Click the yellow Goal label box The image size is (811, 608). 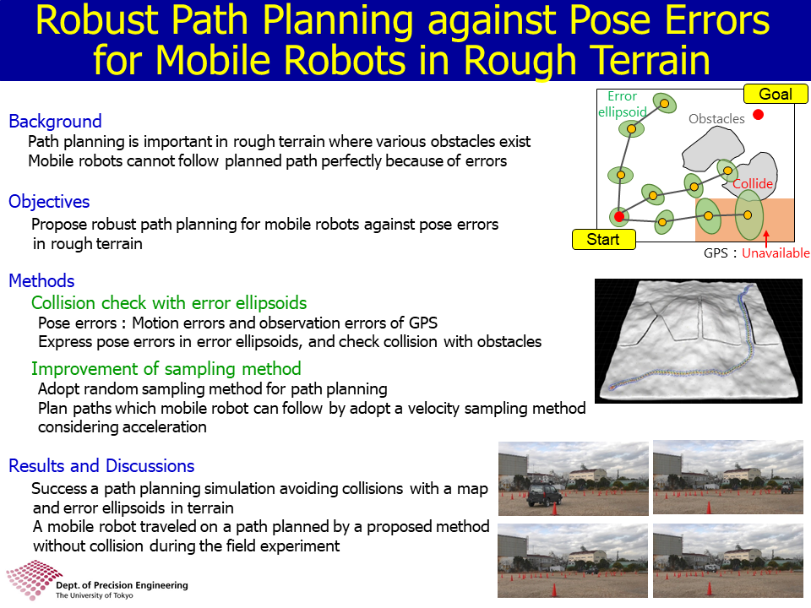(776, 94)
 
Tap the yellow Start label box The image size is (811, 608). (603, 239)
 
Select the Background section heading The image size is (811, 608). (56, 121)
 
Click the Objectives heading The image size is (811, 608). (49, 202)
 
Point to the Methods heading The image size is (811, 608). (42, 280)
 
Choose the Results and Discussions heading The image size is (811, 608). (101, 466)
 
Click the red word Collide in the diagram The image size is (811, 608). (753, 183)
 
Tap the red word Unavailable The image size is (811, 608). (776, 252)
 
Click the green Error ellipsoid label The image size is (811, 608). (623, 104)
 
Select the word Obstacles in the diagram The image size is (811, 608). (716, 119)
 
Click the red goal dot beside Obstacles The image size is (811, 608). (759, 115)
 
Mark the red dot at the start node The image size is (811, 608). (619, 217)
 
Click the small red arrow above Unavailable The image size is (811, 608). (766, 238)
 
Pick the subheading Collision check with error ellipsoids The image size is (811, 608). (169, 303)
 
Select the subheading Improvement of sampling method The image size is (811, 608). (166, 369)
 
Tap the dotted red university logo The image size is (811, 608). (33, 579)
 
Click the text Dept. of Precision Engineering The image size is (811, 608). (122, 585)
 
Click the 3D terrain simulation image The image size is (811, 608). (699, 341)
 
